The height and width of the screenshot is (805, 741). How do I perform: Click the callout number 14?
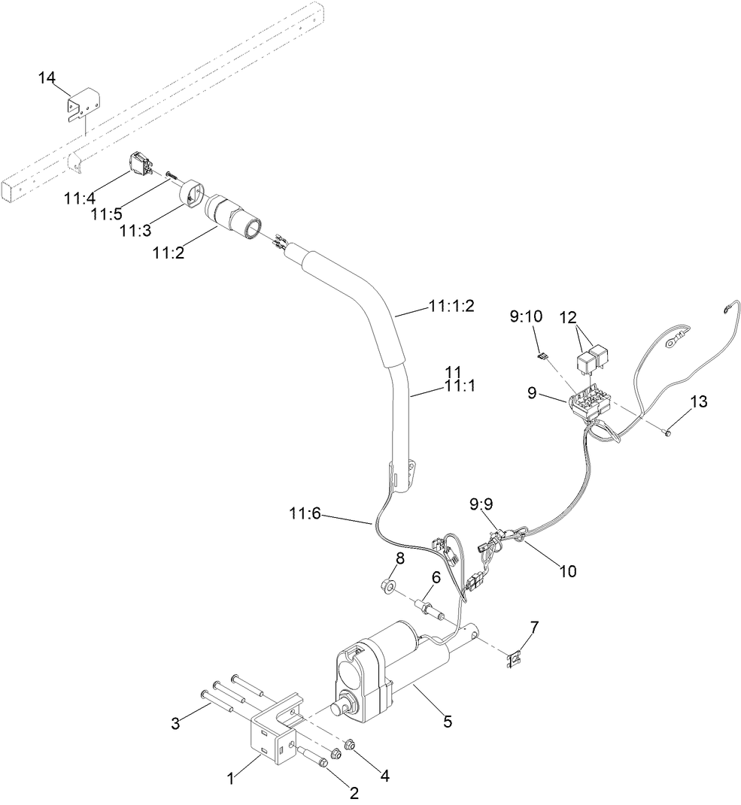[x=47, y=77]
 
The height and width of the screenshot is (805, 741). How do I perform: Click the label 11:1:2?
[x=451, y=306]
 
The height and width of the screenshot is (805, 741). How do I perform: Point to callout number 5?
[x=448, y=722]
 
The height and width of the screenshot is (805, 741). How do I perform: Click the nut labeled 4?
[x=349, y=745]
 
